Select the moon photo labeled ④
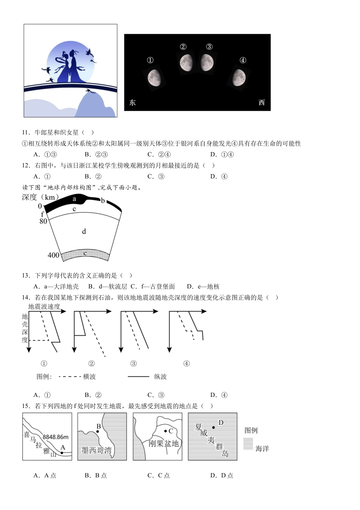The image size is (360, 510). (239, 78)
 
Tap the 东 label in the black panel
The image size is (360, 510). (132, 102)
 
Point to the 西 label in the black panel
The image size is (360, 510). (261, 102)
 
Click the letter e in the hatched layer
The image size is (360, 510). (85, 253)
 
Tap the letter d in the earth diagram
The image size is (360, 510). (84, 231)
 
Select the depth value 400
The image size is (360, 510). (53, 255)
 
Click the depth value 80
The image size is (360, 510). (43, 221)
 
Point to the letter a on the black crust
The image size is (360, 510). (74, 199)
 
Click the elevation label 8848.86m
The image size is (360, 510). (55, 437)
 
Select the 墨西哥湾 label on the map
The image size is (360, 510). (97, 451)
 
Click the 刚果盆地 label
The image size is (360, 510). (163, 444)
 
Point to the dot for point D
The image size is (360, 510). (213, 428)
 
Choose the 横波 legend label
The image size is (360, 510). (89, 377)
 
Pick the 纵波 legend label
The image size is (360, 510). (160, 377)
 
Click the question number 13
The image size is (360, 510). (26, 275)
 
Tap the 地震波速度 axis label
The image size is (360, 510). (44, 307)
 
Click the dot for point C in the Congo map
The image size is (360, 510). (166, 431)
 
